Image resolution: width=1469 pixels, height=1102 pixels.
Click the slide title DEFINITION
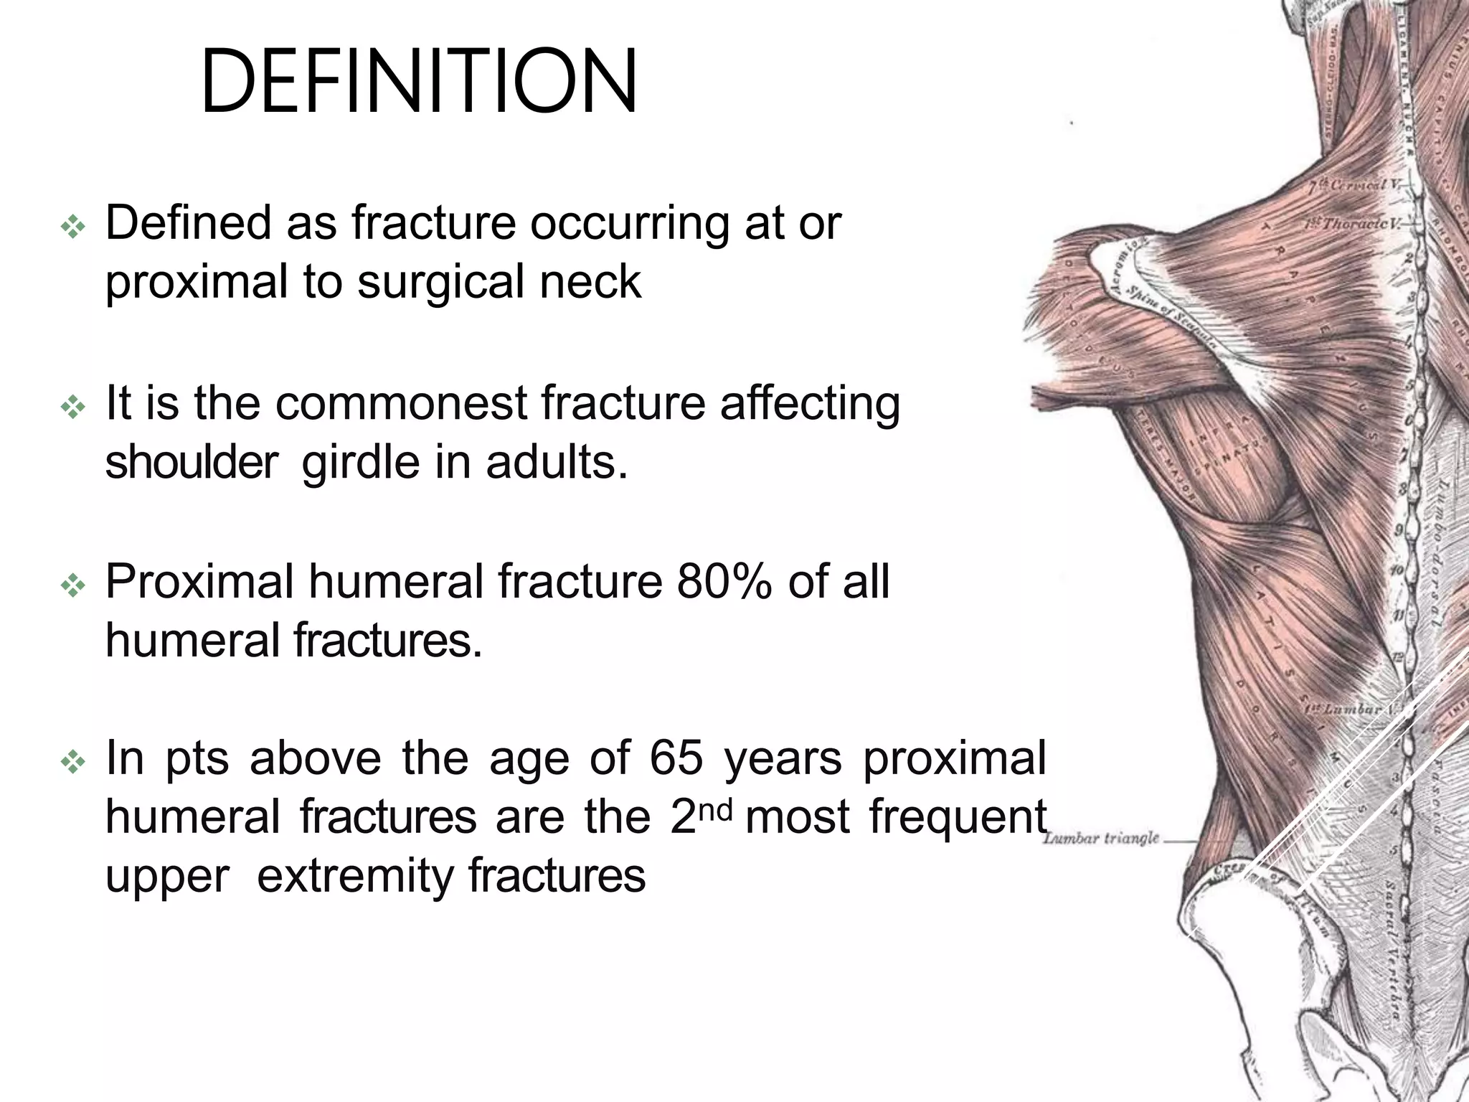[419, 82]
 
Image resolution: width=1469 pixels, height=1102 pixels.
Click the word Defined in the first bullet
[188, 223]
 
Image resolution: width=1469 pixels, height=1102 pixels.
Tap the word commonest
[401, 404]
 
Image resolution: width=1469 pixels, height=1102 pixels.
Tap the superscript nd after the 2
[717, 809]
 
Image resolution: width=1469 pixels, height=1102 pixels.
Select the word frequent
[958, 818]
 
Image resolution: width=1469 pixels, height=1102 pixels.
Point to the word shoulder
[191, 463]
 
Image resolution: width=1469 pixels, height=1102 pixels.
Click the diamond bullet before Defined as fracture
[73, 228]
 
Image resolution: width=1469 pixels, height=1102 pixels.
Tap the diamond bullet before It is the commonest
[73, 408]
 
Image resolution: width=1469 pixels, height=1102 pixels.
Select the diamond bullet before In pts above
[73, 763]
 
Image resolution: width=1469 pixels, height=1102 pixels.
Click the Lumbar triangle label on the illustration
[1101, 838]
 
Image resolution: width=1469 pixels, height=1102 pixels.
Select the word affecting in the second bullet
[810, 404]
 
